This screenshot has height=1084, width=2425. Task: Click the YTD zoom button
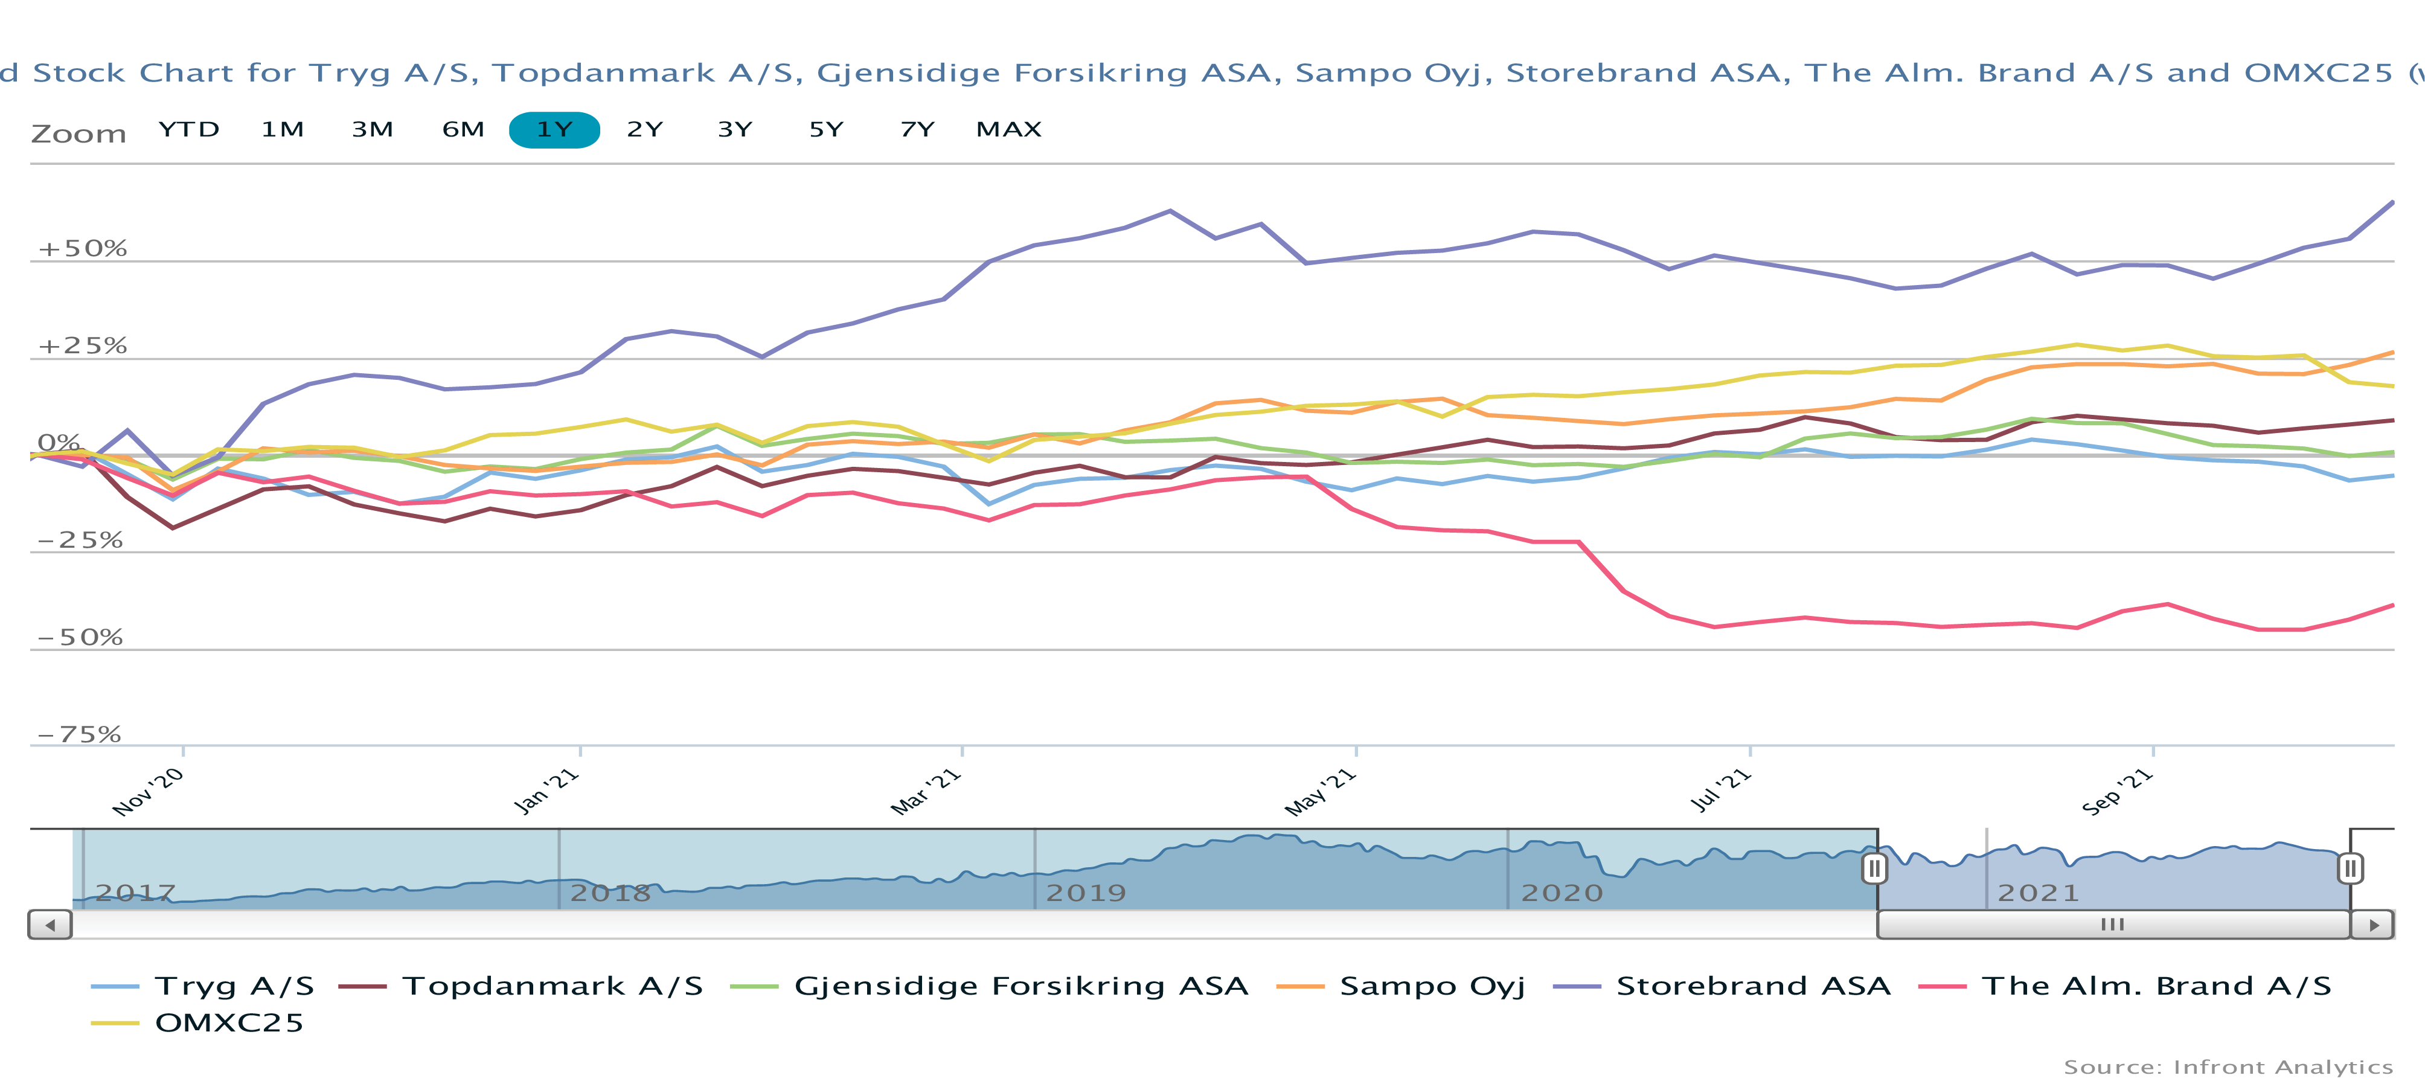coord(188,130)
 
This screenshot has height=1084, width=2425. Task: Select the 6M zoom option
coord(463,130)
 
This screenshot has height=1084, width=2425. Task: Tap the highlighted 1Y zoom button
coord(554,130)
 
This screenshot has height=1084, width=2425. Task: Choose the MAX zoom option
coord(1008,130)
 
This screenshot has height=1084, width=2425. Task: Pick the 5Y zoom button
coord(825,130)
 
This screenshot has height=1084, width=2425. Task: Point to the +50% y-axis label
coord(82,249)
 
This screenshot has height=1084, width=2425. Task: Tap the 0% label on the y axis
coord(59,443)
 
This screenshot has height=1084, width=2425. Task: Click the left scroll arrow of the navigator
coord(50,925)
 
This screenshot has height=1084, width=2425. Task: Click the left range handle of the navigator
coord(1874,867)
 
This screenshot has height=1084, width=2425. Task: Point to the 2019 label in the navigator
coord(1086,893)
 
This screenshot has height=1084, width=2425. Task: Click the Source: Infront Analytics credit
coord(2228,1067)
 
